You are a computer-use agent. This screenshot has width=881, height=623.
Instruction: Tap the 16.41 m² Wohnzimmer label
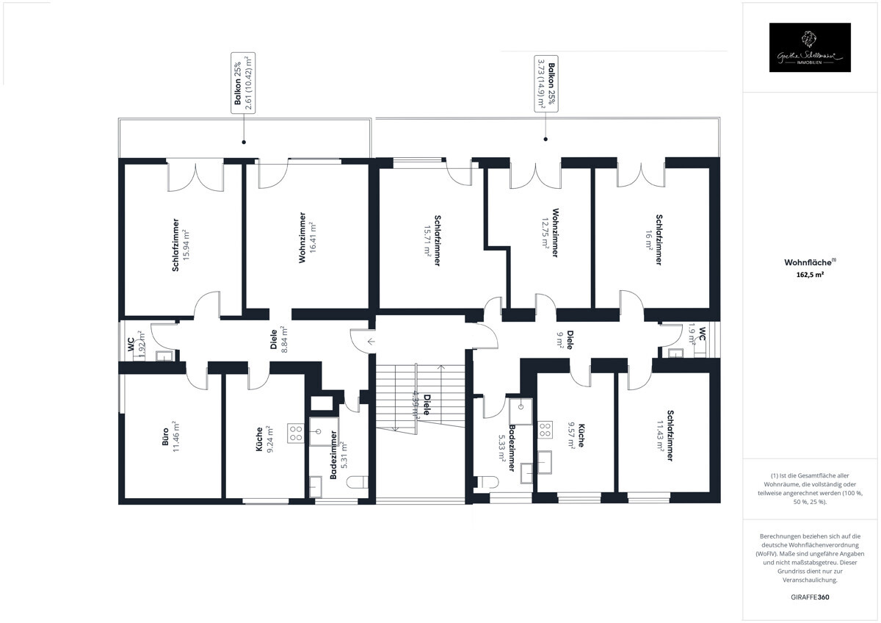pos(307,237)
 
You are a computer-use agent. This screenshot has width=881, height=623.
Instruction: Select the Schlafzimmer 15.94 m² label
pos(181,245)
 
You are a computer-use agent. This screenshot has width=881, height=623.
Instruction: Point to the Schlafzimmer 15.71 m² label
pos(432,241)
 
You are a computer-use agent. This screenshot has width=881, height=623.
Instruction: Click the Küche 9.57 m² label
pos(576,435)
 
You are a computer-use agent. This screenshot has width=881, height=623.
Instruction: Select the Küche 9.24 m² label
pos(264,439)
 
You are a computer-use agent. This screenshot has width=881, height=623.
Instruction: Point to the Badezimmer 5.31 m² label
pos(338,455)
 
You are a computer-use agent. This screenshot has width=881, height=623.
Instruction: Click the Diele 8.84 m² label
pos(278,340)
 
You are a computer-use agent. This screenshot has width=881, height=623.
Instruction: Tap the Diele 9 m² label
pos(565,339)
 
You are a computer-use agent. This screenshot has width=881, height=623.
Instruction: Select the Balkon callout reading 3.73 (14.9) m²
pos(545,82)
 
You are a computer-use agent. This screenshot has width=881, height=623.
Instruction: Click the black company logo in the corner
pos(810,48)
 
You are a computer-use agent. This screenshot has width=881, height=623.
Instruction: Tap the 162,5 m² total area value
pos(810,275)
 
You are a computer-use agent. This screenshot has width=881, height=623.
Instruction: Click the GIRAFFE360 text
pos(811,597)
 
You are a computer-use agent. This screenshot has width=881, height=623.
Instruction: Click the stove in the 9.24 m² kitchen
pos(297,433)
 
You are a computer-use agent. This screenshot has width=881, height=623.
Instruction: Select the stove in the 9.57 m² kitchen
pos(545,430)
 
